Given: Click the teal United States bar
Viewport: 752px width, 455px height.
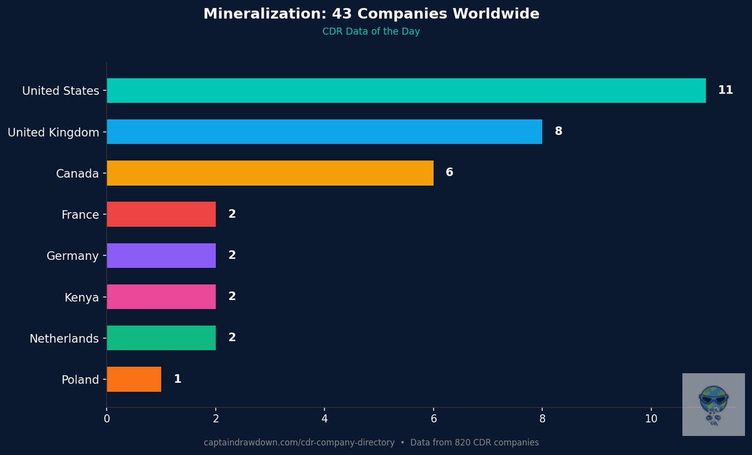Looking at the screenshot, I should (x=406, y=90).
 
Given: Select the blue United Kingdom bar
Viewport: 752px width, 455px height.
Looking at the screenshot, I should (x=324, y=132).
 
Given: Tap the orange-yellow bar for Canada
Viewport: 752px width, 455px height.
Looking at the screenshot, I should (x=269, y=173).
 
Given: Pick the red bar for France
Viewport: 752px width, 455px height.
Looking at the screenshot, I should (x=161, y=214).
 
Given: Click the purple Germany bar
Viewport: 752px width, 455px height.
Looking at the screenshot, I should (x=161, y=255).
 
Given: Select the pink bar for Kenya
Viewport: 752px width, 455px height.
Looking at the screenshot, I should (x=161, y=296).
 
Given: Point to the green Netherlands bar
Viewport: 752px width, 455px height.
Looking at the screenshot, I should (x=161, y=338).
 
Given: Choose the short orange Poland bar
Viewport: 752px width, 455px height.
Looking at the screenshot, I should (x=133, y=379).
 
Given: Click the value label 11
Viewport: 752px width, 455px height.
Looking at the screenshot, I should (x=725, y=90).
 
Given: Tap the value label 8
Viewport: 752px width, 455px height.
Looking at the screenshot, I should (x=558, y=132).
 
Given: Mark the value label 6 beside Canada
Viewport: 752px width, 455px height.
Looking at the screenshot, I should (x=449, y=173).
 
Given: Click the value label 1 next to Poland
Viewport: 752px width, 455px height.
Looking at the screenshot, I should (x=177, y=379).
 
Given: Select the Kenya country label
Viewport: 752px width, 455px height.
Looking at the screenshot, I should (x=81, y=297).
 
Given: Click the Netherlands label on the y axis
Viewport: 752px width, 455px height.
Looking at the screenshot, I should (x=64, y=339).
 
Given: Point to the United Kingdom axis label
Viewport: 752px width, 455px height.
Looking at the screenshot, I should (x=53, y=132).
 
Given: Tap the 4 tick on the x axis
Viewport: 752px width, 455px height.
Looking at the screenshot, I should (x=325, y=419).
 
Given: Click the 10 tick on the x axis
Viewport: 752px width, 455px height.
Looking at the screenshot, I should (x=651, y=419).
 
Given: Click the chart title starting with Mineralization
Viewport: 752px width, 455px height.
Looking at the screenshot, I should (x=371, y=14).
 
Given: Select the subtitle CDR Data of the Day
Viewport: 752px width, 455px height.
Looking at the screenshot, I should (x=371, y=32).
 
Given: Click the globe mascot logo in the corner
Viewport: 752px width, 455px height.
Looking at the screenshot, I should (x=713, y=404).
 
